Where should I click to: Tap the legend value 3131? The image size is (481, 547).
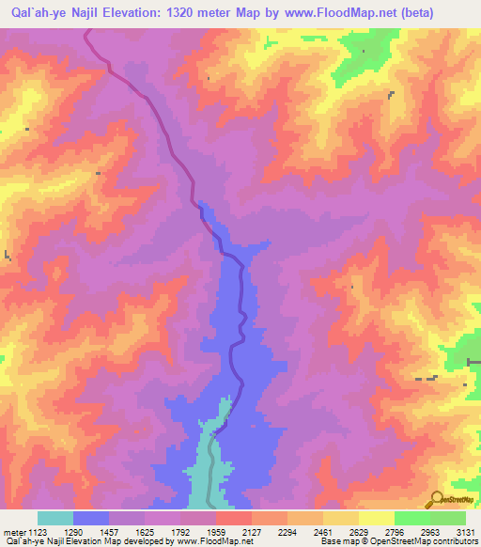tap(466, 531)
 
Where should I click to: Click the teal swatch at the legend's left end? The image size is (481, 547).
tap(55, 518)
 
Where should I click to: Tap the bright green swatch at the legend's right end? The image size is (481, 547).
tap(448, 518)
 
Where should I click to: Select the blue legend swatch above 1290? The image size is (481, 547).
tap(91, 518)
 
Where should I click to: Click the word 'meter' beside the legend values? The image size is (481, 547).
tap(13, 531)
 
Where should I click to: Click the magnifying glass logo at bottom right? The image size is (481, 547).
tap(436, 497)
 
